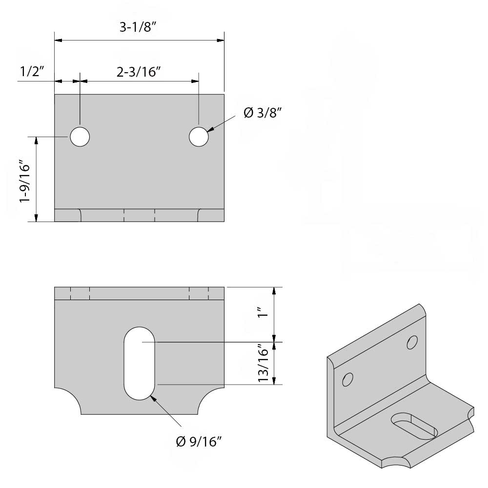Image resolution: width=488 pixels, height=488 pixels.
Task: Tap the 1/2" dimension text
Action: click(32, 72)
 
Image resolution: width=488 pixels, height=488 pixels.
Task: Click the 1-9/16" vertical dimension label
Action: click(24, 179)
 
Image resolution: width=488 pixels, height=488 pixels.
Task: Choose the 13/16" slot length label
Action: click(264, 364)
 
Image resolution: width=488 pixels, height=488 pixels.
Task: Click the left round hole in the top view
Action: click(80, 137)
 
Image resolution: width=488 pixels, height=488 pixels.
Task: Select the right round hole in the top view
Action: click(199, 137)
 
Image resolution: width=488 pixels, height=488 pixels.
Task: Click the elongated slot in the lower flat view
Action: click(140, 363)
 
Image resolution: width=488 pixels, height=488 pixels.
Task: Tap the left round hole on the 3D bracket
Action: click(348, 379)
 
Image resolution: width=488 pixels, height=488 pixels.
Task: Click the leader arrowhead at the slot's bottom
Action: click(154, 398)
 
